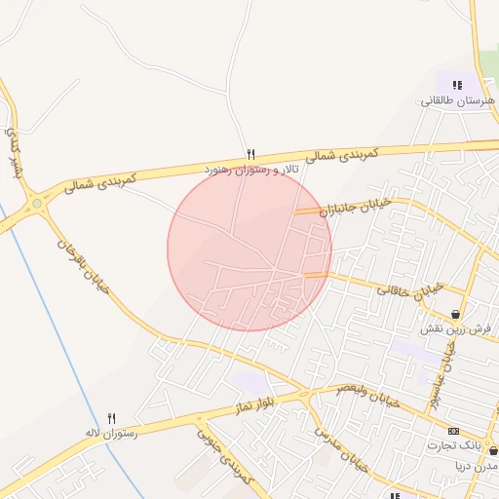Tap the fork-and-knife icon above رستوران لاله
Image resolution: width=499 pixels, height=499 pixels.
111,417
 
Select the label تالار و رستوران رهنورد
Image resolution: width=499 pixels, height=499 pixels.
250,170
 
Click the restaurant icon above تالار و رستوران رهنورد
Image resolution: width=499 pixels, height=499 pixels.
250,154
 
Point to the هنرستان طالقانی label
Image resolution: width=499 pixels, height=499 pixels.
458,100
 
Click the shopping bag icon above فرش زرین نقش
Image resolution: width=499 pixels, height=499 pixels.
456,314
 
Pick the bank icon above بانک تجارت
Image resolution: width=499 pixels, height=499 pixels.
453,430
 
